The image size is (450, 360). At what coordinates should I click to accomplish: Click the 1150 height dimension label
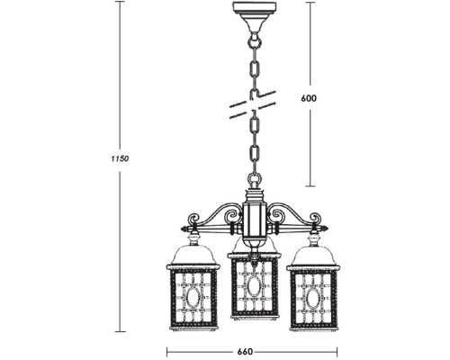(121, 158)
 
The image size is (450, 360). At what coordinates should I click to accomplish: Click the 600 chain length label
(310, 97)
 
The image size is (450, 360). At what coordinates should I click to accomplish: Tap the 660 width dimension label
(253, 350)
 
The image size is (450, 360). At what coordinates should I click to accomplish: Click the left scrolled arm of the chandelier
(216, 219)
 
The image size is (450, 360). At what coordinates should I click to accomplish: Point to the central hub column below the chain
(253, 216)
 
